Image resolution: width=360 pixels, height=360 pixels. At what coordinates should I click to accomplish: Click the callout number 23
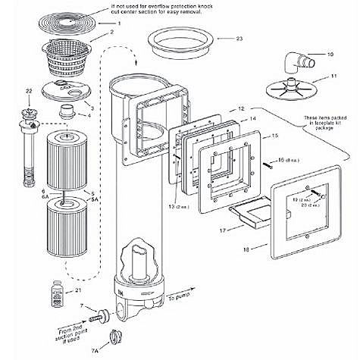[239, 37]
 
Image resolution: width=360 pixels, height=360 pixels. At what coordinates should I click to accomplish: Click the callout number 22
[28, 92]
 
